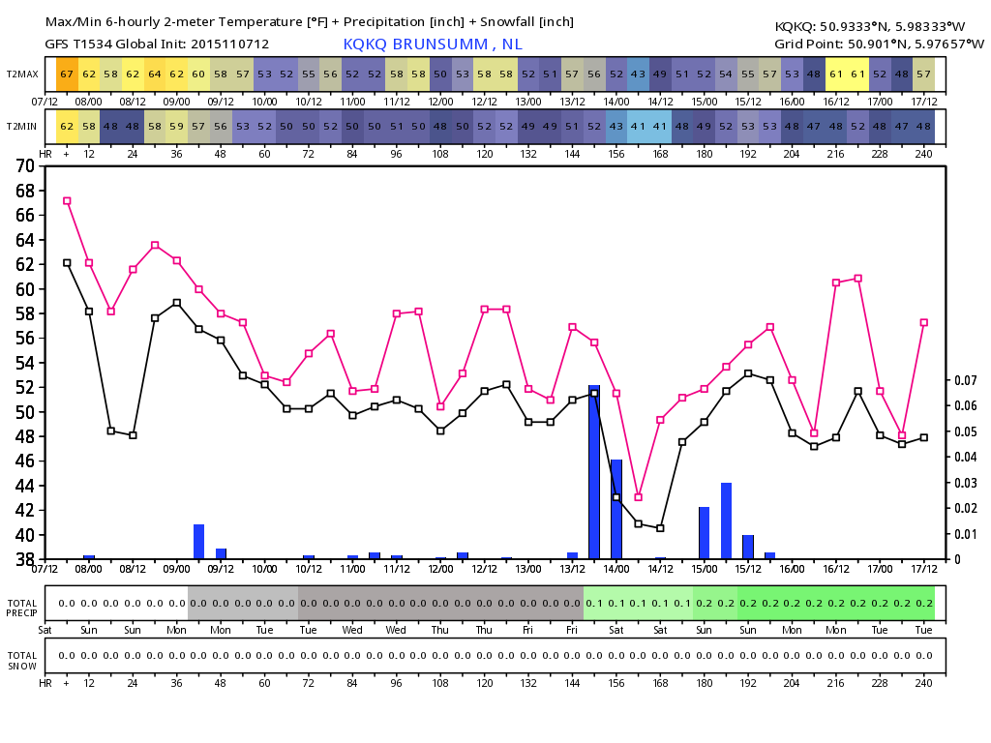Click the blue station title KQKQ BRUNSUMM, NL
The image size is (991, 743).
coord(433,45)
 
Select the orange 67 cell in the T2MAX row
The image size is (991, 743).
coord(67,74)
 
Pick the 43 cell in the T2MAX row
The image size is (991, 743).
coord(639,74)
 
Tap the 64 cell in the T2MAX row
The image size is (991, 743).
coord(155,74)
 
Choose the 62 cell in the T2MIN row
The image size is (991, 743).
coord(67,127)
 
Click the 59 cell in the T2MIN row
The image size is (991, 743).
coord(177,127)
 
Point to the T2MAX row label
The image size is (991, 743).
coord(23,74)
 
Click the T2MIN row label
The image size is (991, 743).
coord(22,127)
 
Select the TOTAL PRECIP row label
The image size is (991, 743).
coord(22,608)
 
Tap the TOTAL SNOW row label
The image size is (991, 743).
coord(22,660)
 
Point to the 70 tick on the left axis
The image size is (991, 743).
coord(25,166)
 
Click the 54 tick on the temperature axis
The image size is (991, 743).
coord(25,363)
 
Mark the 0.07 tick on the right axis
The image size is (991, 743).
coord(966,380)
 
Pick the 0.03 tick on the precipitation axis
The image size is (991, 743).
coord(966,483)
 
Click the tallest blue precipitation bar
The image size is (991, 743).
coord(594,472)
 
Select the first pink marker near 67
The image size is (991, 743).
coord(67,201)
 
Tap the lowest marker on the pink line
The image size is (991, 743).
coord(639,497)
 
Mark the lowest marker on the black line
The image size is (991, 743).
coord(660,528)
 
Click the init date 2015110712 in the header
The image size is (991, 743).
coord(229,45)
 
